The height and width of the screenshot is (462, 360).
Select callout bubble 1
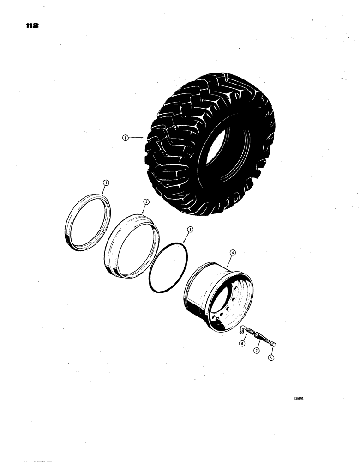(105, 183)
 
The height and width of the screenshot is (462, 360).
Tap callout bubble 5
(270, 357)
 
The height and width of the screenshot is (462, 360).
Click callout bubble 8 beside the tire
(125, 137)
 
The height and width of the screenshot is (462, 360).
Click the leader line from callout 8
(137, 137)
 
